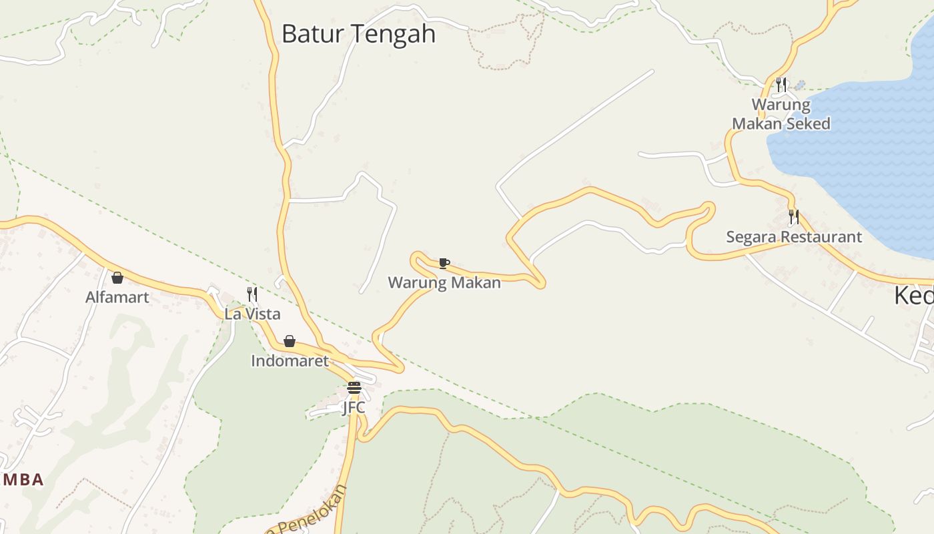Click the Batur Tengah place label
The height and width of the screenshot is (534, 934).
[358, 33]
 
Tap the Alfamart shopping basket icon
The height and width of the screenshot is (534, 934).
[117, 278]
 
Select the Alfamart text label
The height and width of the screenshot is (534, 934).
[117, 297]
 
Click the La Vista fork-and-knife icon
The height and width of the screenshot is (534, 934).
[252, 294]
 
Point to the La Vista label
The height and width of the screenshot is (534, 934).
[252, 314]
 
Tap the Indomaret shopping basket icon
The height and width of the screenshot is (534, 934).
[290, 341]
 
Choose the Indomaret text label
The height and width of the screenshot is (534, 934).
[290, 361]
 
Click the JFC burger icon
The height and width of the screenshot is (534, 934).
[354, 388]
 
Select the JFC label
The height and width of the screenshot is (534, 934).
[354, 407]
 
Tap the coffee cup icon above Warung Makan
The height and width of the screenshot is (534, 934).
[444, 263]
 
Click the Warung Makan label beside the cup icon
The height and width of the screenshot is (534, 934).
[444, 282]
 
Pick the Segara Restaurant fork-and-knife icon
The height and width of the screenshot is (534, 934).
[794, 217]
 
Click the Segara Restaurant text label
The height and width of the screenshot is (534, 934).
[794, 237]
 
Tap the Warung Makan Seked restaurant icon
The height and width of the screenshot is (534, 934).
[781, 85]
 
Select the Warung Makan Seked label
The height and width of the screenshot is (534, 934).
[781, 114]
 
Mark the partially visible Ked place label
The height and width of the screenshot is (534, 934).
[914, 295]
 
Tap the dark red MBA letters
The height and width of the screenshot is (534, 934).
[23, 479]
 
